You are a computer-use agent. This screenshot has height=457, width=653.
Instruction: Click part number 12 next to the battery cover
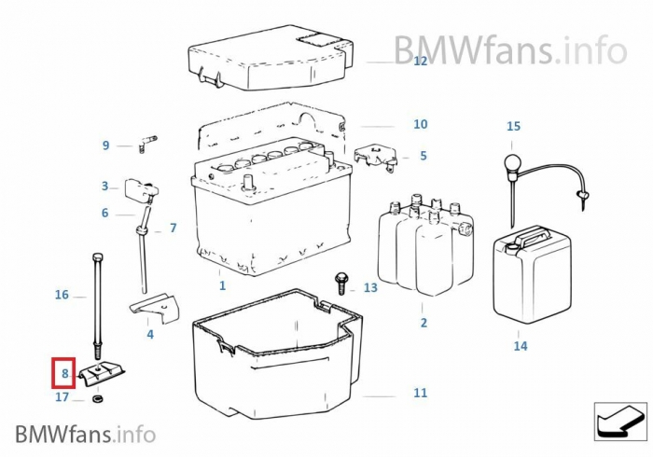point(420,62)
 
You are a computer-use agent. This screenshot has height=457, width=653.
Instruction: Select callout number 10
point(420,124)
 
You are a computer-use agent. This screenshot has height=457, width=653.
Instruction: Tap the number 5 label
point(423,156)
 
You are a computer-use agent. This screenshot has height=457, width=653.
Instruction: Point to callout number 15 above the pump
point(514,126)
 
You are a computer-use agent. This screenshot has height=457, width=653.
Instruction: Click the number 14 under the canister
point(520,346)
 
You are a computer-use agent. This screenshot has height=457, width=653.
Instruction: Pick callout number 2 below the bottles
point(424,323)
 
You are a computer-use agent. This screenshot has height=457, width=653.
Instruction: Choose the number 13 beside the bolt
point(370,287)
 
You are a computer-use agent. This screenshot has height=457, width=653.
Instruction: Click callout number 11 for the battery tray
point(420,393)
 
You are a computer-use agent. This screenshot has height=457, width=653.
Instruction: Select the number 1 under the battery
point(222,285)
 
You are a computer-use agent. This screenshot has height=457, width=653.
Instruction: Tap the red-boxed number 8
point(64,374)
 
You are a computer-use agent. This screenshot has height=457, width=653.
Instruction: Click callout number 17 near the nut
point(63,397)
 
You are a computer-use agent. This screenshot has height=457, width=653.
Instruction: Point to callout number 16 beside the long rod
point(62,295)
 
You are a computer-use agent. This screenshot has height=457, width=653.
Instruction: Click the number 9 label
point(105,145)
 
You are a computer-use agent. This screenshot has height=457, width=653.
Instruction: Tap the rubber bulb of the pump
point(512,165)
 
